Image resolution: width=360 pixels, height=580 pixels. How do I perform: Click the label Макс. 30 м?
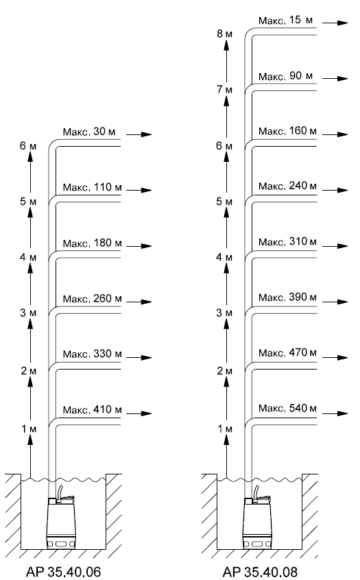88,132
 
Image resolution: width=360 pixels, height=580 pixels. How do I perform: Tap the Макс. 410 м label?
92,410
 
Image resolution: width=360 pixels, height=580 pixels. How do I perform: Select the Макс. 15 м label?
285,20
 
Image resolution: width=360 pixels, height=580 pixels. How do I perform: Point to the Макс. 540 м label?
287,408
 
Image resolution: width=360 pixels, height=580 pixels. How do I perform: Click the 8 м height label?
225,34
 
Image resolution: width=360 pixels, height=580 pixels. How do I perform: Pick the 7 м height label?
225,90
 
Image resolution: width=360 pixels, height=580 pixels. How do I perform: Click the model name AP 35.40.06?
63,572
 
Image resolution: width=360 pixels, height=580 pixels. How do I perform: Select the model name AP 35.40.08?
260,572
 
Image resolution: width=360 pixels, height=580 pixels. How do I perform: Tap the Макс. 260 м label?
92,298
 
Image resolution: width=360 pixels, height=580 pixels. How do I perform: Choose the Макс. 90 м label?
285,76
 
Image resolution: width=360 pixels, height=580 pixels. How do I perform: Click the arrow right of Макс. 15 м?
335,23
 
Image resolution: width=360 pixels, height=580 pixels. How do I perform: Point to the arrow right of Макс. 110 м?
139,190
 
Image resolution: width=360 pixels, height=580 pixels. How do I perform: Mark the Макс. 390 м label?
287,297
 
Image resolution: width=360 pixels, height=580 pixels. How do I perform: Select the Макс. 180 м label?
92,243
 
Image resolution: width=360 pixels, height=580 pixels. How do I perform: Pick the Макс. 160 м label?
287,131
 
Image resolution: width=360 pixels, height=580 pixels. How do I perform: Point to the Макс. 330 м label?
92,354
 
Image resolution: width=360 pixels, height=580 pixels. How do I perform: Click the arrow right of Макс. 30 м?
139,134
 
